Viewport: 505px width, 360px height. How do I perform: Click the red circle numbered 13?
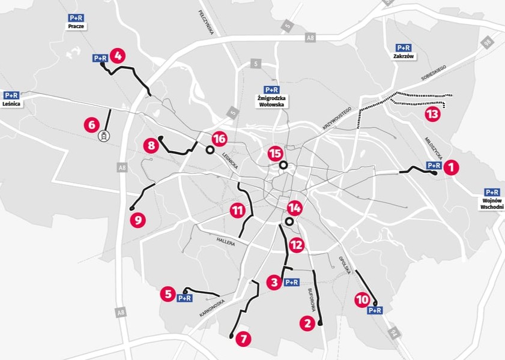click(432, 114)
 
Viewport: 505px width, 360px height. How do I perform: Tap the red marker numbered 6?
click(91, 125)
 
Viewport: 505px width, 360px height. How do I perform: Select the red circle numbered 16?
click(219, 139)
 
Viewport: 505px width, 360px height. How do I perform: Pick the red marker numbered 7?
click(243, 338)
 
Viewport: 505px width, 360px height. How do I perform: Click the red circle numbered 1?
click(451, 167)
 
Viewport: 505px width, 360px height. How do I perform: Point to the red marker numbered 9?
click(138, 220)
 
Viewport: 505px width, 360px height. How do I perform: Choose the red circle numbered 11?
click(237, 211)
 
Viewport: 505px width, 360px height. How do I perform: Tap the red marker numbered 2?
click(307, 323)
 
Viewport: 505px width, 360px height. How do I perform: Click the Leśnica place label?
click(11, 103)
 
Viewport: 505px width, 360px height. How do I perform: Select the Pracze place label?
click(77, 26)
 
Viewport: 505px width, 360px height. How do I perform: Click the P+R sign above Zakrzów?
click(403, 47)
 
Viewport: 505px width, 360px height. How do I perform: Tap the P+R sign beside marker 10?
click(375, 310)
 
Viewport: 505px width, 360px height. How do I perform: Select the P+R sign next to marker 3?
click(291, 282)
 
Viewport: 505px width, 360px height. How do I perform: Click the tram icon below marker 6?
click(104, 136)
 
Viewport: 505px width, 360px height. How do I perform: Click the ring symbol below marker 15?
click(283, 165)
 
